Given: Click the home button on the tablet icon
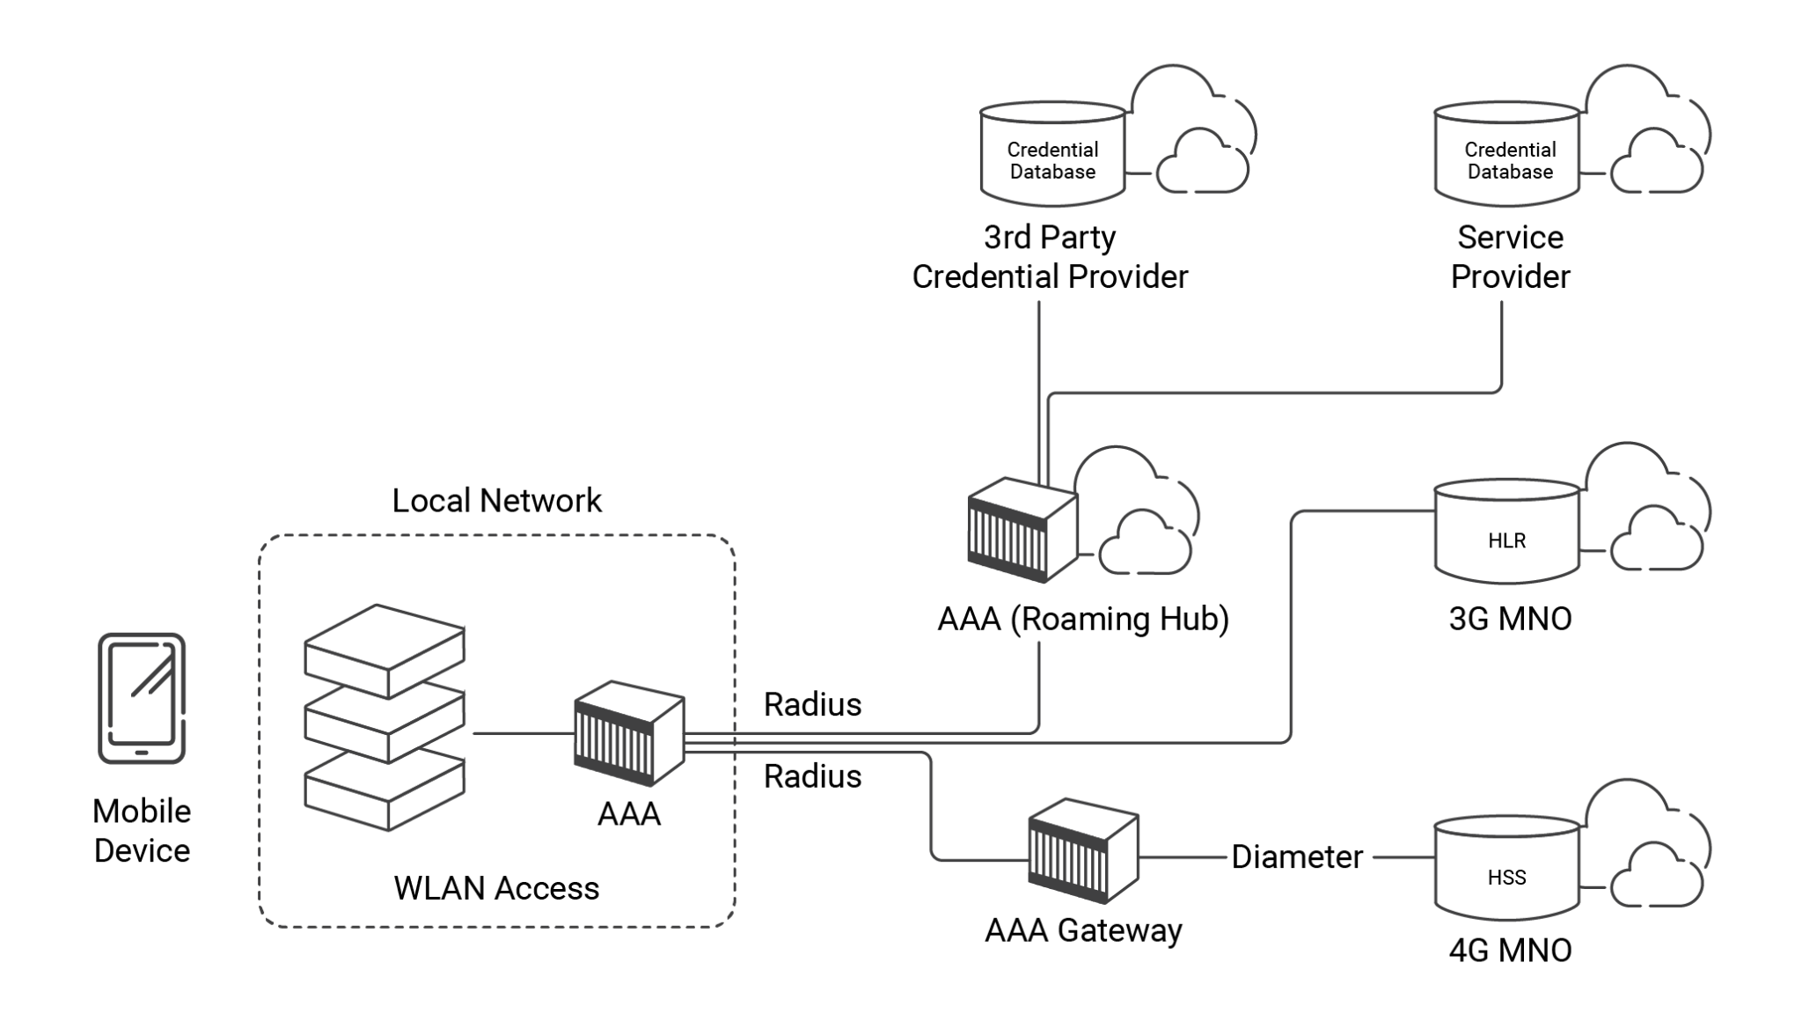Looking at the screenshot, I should [x=142, y=753].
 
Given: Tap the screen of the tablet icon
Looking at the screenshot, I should [x=142, y=692].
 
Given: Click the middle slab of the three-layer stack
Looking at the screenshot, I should [x=385, y=724].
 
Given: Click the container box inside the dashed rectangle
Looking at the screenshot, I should [x=628, y=734].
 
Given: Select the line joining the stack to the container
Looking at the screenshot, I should [x=523, y=733].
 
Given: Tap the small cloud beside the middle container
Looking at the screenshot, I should [x=1146, y=543].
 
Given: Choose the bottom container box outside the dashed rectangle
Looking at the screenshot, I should [x=1083, y=851].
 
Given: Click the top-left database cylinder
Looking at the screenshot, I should [x=1052, y=154].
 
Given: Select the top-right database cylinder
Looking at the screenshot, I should [x=1507, y=154].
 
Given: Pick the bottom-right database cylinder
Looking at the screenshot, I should [x=1507, y=868].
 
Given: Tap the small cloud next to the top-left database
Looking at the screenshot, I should [x=1203, y=163].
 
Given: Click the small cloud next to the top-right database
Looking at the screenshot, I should [x=1658, y=163].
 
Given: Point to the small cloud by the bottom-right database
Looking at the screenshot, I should [x=1658, y=877].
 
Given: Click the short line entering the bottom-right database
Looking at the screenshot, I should [x=1403, y=857].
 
